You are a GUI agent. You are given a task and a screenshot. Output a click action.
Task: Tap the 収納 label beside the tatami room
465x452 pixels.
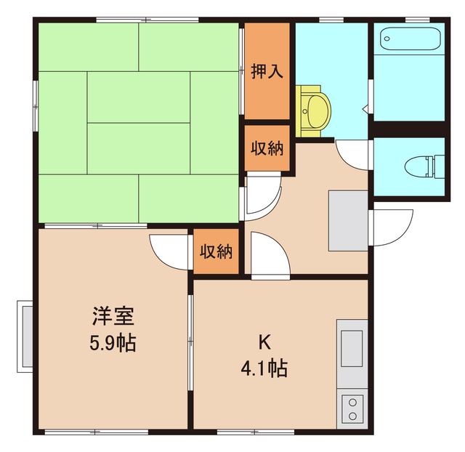(267, 148)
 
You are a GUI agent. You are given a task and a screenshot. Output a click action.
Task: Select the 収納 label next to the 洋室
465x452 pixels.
(216, 253)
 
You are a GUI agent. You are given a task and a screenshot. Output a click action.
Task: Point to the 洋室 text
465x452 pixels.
(112, 317)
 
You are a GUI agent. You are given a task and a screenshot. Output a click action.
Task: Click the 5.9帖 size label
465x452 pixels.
(112, 342)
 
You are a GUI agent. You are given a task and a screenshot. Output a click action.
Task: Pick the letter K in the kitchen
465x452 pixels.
(263, 342)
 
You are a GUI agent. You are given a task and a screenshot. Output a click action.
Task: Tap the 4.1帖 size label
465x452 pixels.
(263, 368)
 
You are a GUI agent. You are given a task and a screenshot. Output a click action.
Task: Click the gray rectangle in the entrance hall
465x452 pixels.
(348, 219)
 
